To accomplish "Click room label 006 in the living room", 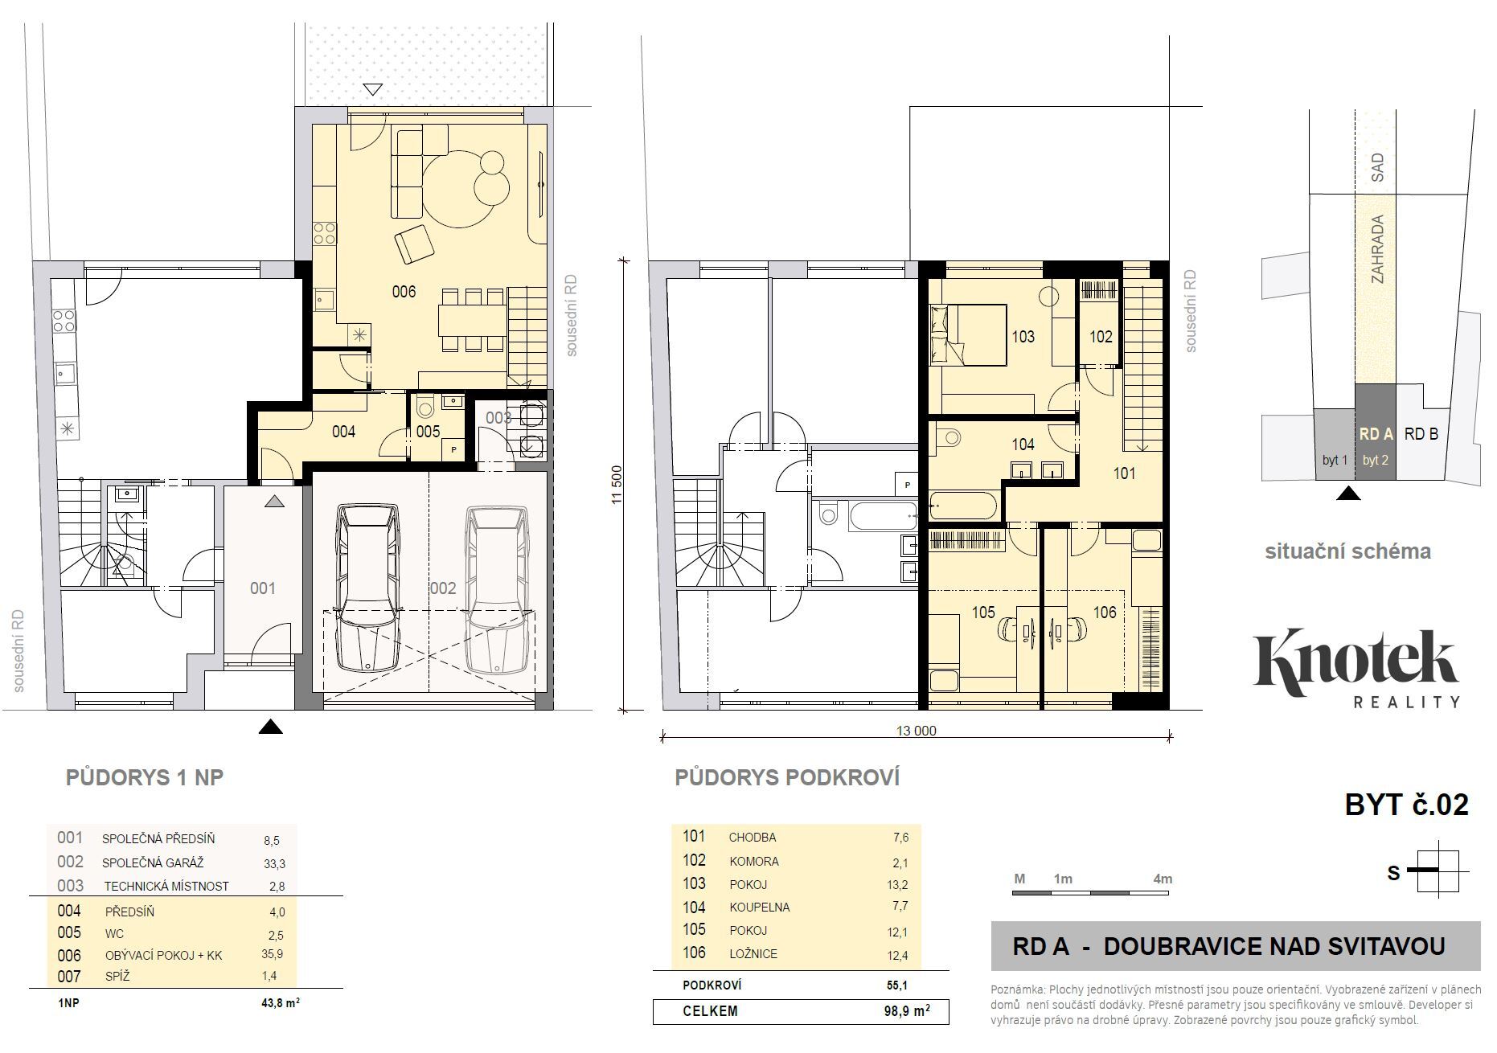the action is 404,291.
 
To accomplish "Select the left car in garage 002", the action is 367,587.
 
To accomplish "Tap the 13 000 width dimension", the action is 917,731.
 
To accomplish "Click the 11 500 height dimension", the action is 617,485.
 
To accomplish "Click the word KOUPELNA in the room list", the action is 760,907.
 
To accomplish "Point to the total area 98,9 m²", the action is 907,1010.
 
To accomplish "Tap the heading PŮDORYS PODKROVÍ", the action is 787,777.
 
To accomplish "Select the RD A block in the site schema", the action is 1376,432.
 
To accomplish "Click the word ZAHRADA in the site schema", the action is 1378,248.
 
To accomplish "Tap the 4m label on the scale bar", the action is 1163,879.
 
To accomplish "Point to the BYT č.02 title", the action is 1407,805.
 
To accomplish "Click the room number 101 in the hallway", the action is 1124,473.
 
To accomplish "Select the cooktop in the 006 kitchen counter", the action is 324,233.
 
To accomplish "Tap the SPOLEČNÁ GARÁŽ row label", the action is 153,863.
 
